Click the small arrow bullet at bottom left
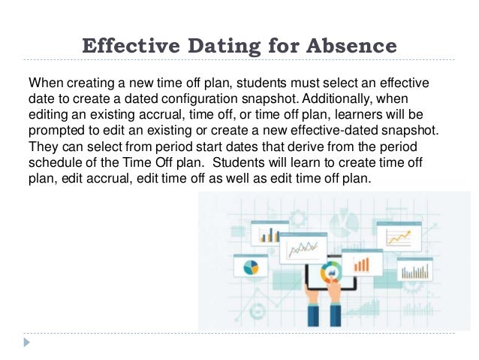tap(28, 342)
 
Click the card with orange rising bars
tap(363, 263)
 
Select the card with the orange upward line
tap(399, 236)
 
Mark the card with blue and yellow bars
tap(270, 234)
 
